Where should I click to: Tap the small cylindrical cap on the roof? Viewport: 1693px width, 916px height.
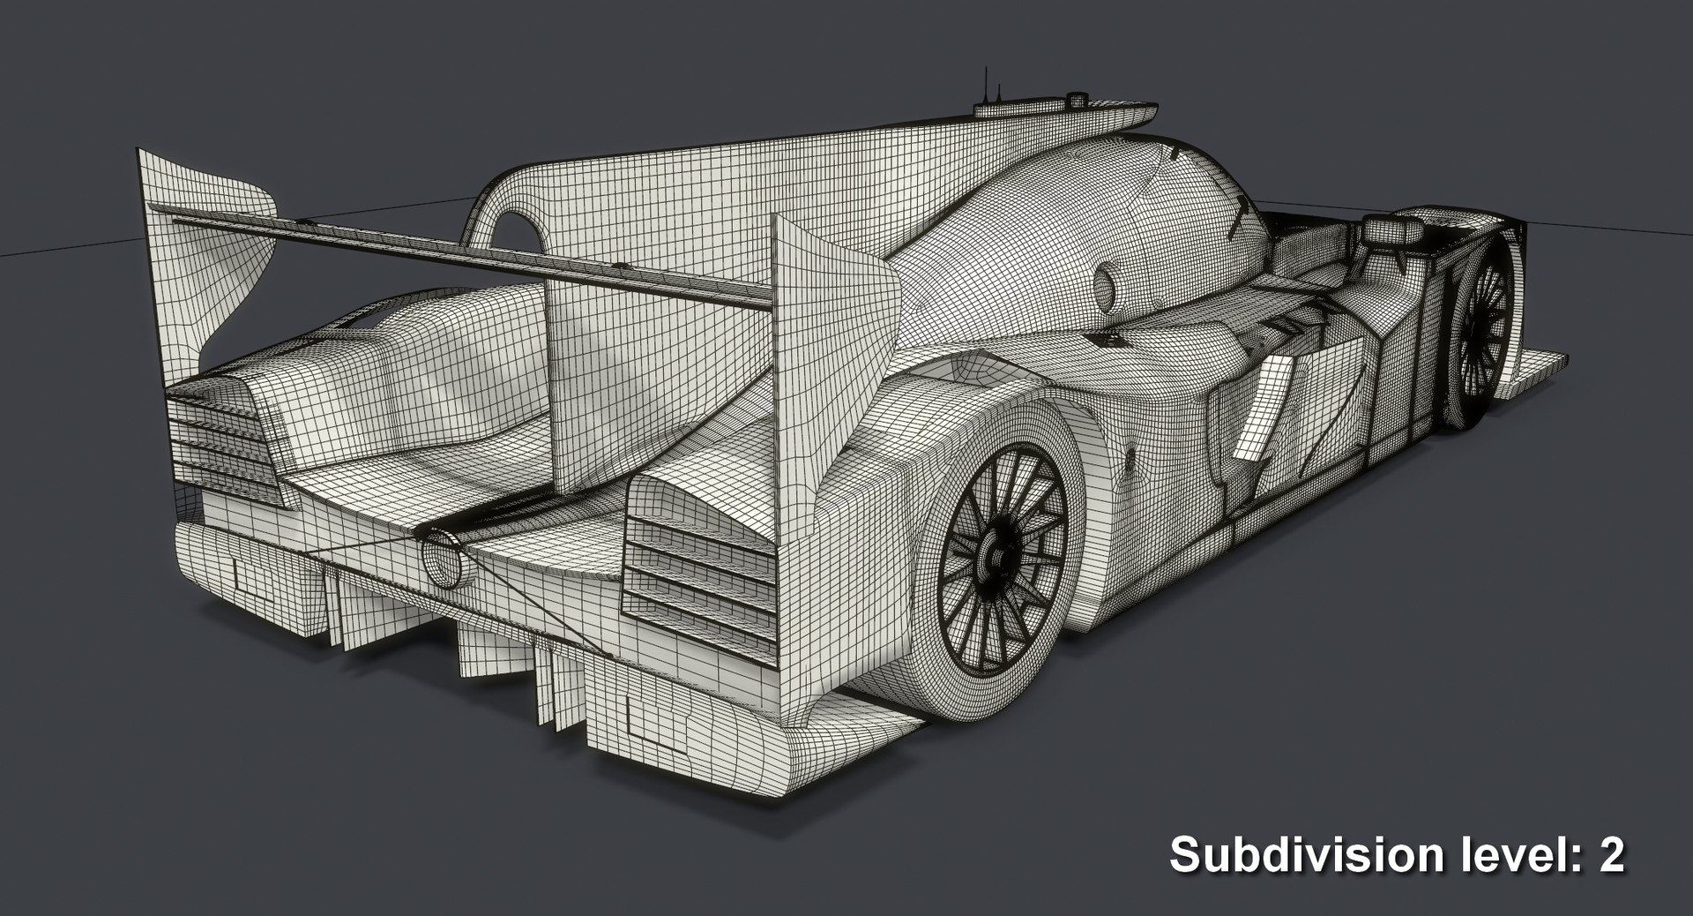point(1076,100)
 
